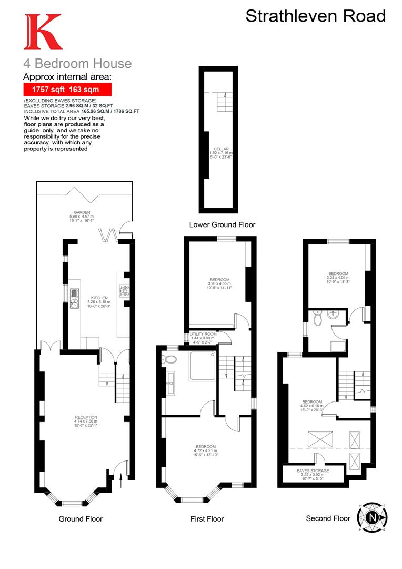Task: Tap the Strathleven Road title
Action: coord(316,16)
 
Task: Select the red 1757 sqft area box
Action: coord(68,90)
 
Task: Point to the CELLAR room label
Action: coord(222,149)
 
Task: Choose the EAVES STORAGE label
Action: coord(313,470)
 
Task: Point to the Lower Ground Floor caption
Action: coord(222,225)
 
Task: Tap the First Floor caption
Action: coord(207,519)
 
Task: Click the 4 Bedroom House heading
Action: coord(77,64)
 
